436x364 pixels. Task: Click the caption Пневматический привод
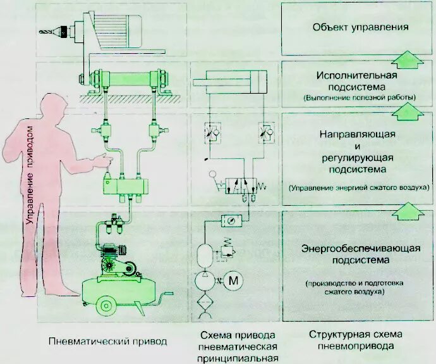point(107,341)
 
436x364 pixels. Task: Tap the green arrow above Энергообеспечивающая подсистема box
point(406,210)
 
